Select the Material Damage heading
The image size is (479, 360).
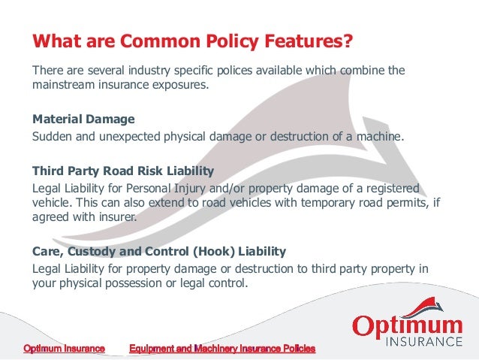click(83, 119)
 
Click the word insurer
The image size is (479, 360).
click(117, 218)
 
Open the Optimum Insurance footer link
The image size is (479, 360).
click(64, 349)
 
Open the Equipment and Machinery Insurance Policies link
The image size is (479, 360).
click(222, 349)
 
